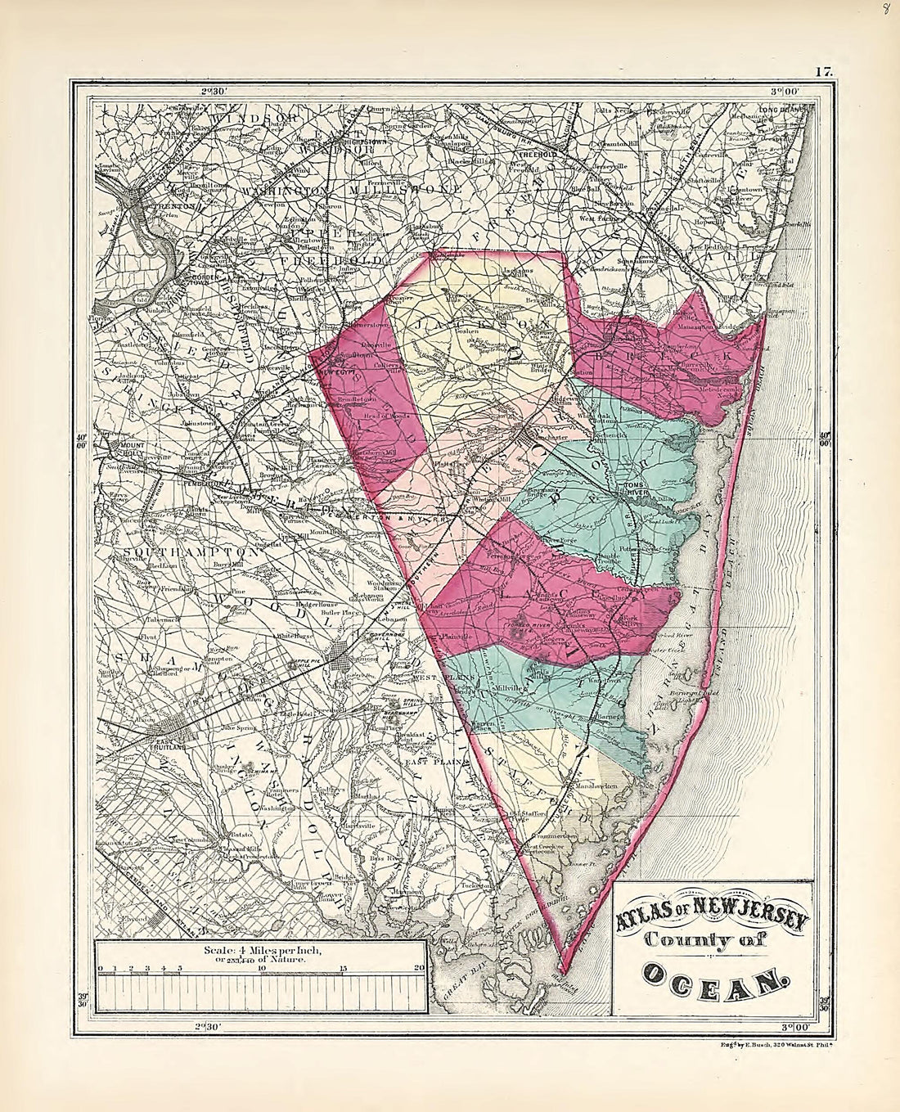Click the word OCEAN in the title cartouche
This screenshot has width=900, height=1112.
click(x=712, y=975)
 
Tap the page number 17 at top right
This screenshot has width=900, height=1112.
click(x=822, y=72)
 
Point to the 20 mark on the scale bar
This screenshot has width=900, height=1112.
click(x=420, y=969)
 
